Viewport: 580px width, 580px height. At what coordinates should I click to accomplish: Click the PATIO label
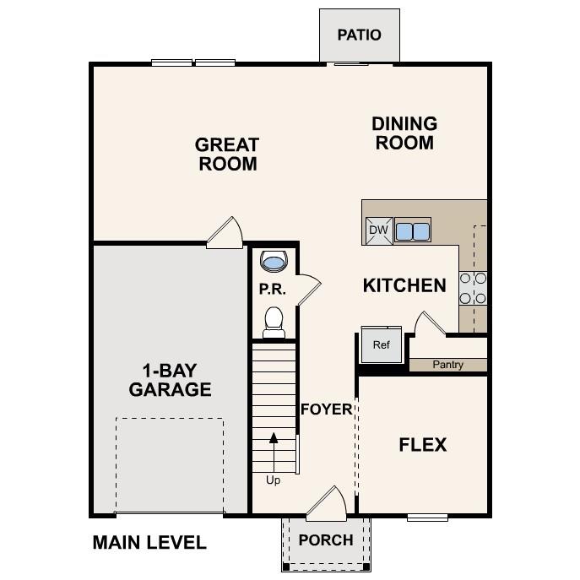tap(359, 35)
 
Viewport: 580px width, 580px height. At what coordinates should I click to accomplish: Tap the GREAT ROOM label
tap(228, 154)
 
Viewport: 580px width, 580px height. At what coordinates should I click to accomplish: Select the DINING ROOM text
tap(404, 133)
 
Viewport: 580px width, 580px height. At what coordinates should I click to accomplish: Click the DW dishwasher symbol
tap(378, 230)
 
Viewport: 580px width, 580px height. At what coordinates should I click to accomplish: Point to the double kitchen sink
tap(413, 230)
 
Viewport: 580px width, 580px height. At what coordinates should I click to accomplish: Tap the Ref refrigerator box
tap(381, 344)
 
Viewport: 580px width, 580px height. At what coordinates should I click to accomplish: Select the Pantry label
tap(448, 365)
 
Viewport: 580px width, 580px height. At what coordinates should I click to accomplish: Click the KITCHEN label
tap(404, 285)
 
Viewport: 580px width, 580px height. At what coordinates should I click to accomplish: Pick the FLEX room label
tap(422, 445)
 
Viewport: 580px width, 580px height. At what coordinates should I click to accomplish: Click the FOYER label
tap(327, 409)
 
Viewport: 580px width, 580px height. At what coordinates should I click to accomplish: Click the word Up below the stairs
tap(274, 480)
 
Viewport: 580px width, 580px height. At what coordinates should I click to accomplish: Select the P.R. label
tap(273, 290)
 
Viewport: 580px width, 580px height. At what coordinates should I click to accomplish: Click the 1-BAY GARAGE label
tap(170, 380)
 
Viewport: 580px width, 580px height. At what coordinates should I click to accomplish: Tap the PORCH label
tap(326, 540)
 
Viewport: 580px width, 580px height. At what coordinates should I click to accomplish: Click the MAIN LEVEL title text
tap(149, 543)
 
